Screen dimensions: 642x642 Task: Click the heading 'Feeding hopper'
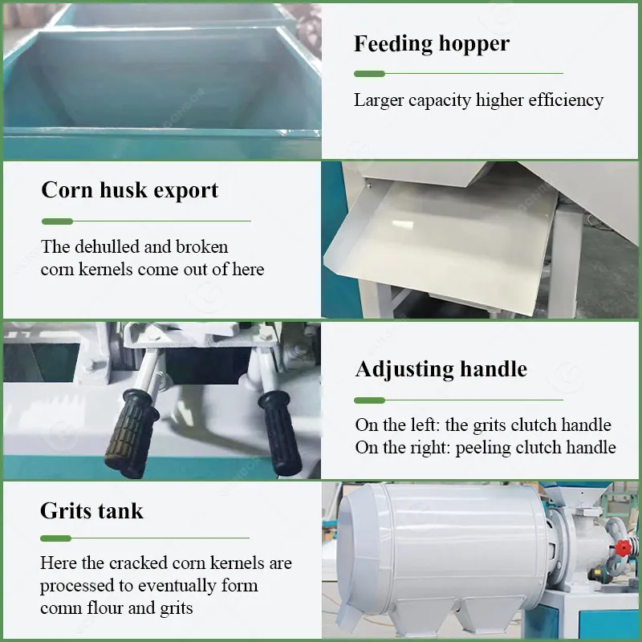[432, 44]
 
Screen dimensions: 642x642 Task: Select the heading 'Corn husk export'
[130, 190]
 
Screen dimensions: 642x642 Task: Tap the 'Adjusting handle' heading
[441, 370]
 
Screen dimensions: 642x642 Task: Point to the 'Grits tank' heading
[91, 511]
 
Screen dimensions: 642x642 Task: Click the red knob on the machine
[623, 547]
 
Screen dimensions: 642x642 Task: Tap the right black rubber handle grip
[281, 431]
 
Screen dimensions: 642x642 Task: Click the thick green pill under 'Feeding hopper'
[369, 74]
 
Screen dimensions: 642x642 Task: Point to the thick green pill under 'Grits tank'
[55, 538]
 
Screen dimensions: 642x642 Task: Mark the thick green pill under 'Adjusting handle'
[369, 400]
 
